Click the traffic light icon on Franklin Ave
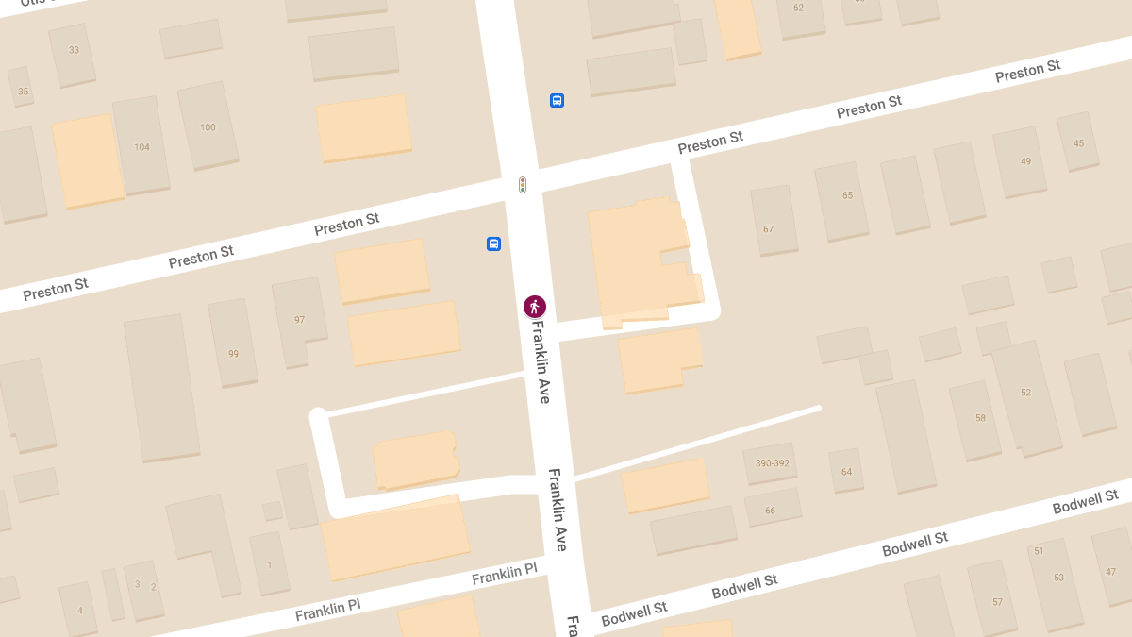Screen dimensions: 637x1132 [x=523, y=185]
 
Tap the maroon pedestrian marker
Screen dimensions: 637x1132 [x=535, y=307]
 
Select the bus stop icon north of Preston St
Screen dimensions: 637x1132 [x=557, y=100]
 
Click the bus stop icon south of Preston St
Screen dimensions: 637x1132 [x=493, y=243]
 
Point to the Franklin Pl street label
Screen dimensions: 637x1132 [x=504, y=573]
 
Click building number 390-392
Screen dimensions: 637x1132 [x=772, y=463]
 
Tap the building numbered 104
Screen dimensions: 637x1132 [x=141, y=147]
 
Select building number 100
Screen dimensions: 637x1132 [x=208, y=127]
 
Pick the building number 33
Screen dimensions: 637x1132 [x=74, y=50]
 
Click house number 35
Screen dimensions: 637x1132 [x=24, y=92]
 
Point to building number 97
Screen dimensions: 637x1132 [x=299, y=320]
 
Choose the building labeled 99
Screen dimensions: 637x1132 [x=233, y=354]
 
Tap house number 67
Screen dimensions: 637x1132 [x=769, y=229]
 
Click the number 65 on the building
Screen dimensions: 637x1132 [x=847, y=195]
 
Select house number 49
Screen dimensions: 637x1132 [x=1025, y=161]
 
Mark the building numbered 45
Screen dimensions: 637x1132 [x=1079, y=143]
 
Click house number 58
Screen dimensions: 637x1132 [x=980, y=418]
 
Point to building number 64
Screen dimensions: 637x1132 [x=846, y=472]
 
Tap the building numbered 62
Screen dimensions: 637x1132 [x=798, y=8]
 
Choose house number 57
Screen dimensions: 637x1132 [x=997, y=602]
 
